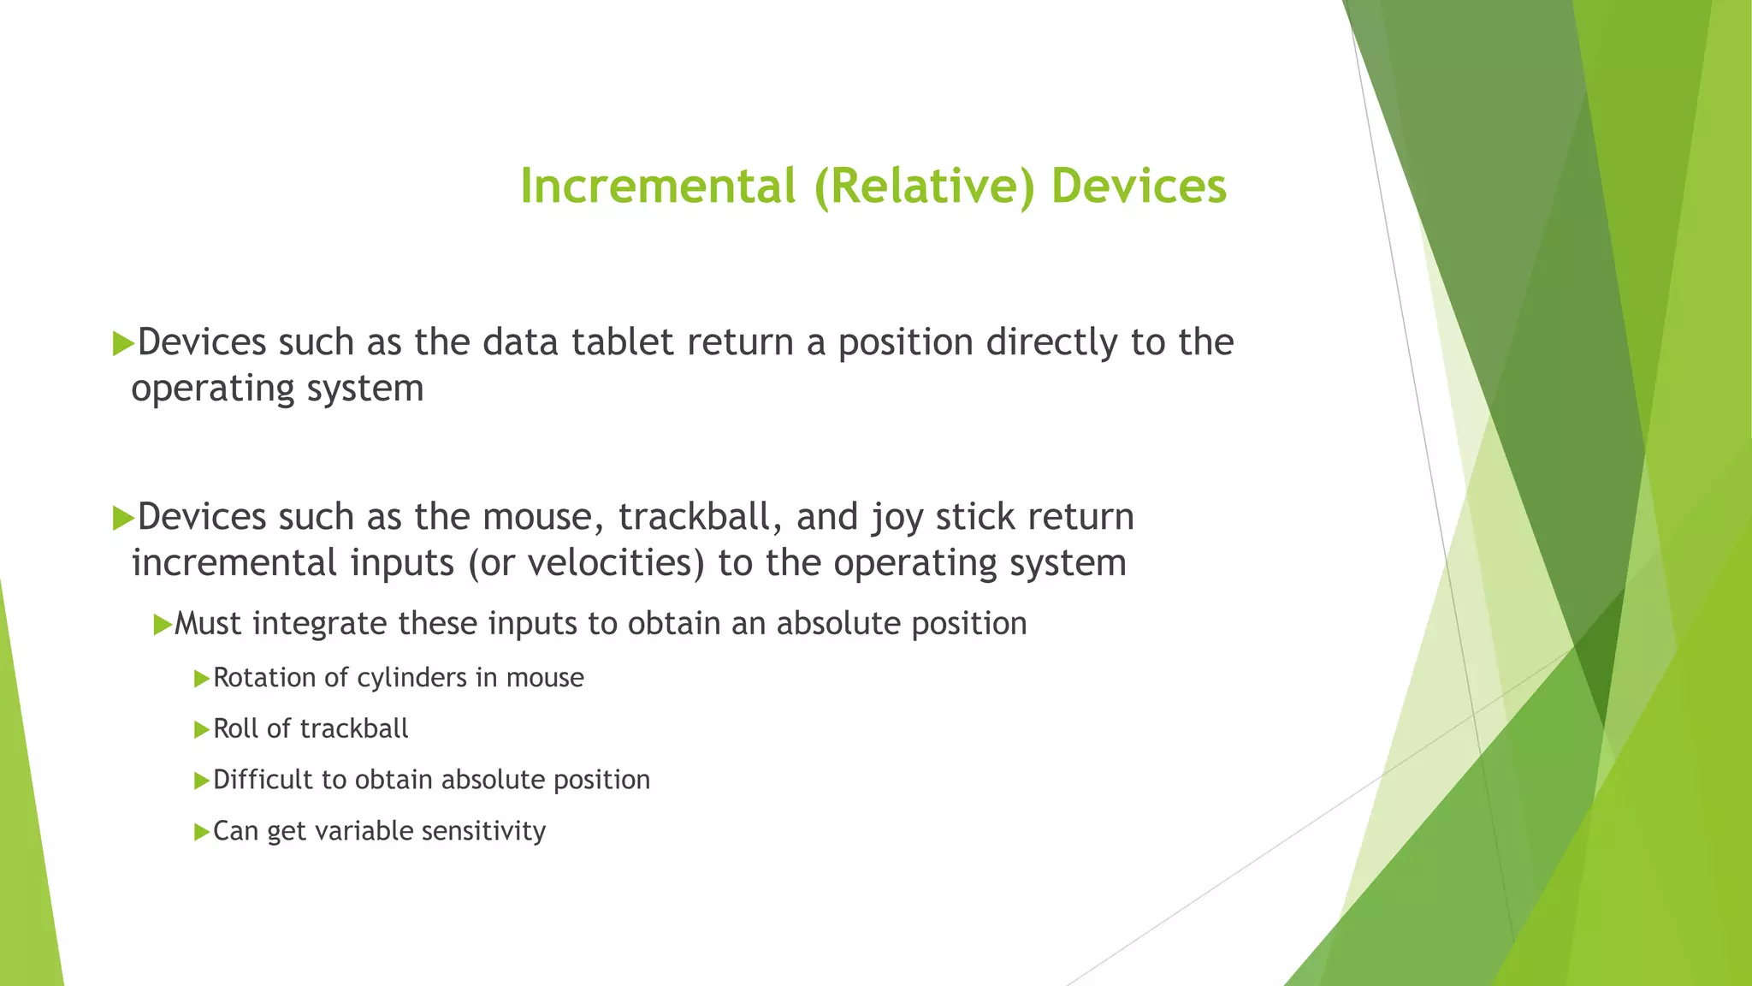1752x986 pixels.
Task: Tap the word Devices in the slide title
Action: (1139, 187)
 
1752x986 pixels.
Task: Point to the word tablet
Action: (623, 342)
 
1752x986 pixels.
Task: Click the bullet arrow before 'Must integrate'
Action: (162, 625)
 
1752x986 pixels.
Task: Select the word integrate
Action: (319, 624)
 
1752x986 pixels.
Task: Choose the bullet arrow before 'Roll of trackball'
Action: (201, 730)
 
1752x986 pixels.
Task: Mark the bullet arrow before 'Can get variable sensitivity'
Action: (201, 832)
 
